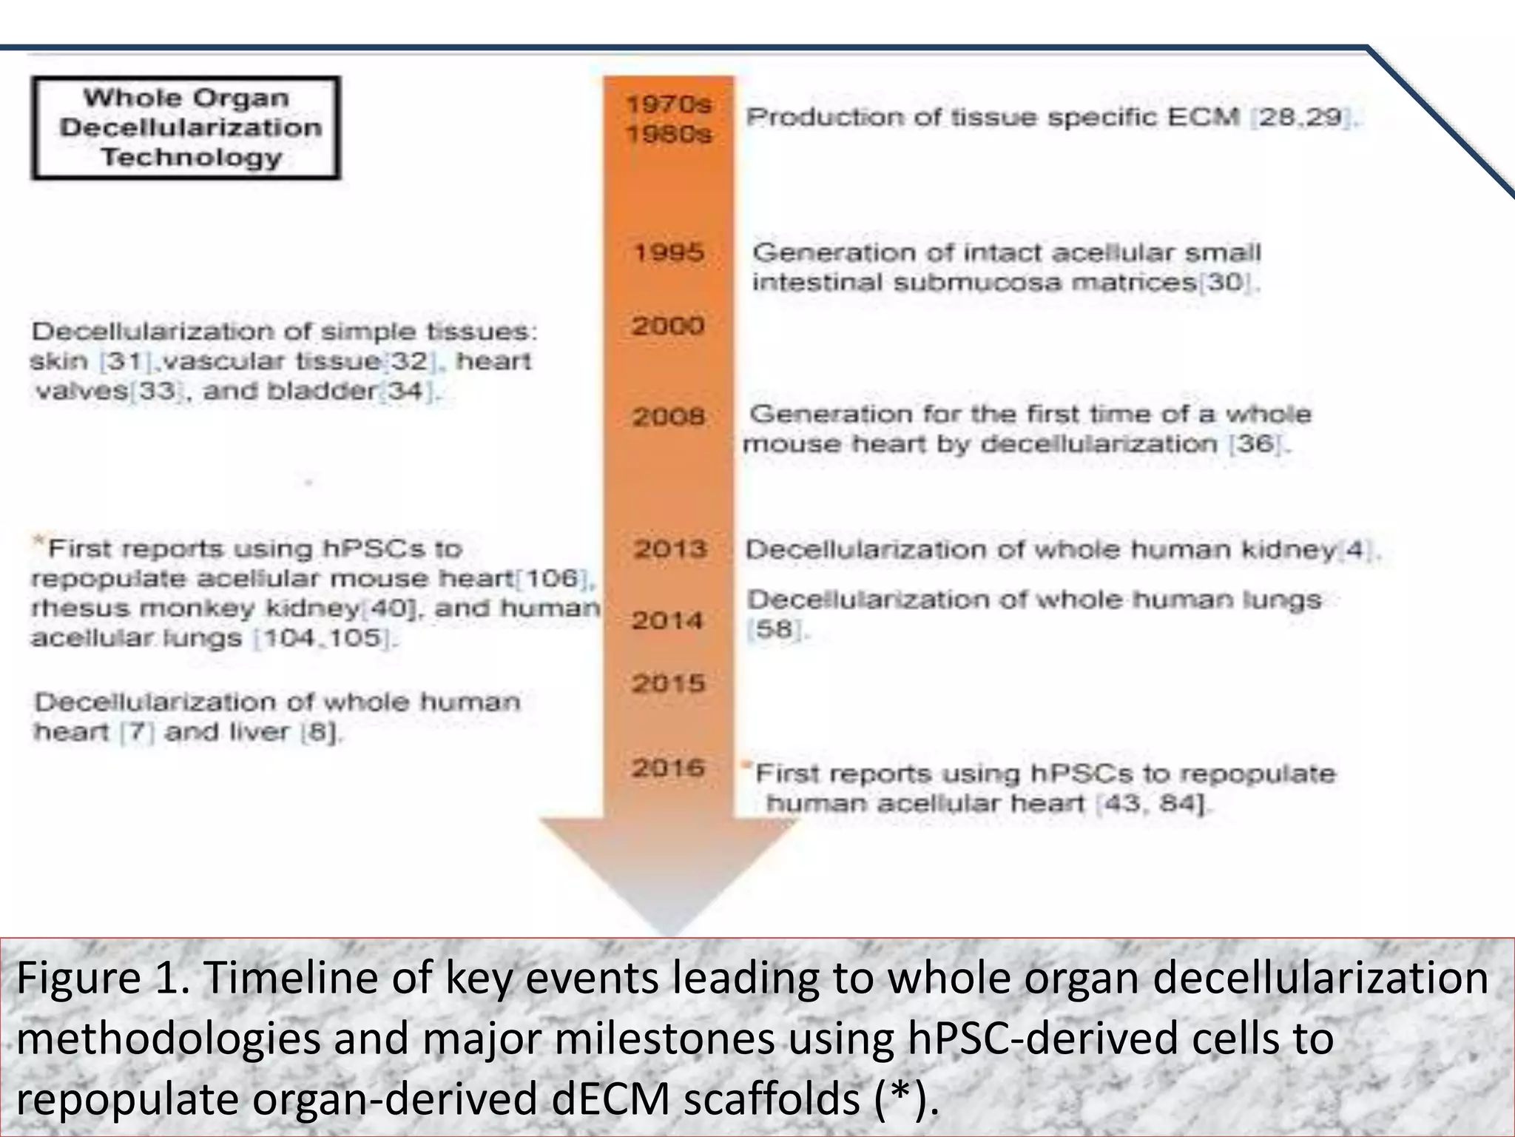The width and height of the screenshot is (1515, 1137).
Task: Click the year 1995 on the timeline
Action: tap(669, 253)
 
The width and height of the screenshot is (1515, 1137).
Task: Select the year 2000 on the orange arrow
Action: tap(668, 326)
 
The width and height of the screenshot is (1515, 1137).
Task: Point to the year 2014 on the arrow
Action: tap(667, 620)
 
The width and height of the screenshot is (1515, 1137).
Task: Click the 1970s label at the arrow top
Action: tap(669, 104)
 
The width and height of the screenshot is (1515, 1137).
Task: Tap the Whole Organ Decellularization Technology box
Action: tap(186, 128)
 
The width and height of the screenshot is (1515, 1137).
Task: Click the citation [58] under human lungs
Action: tap(775, 630)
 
